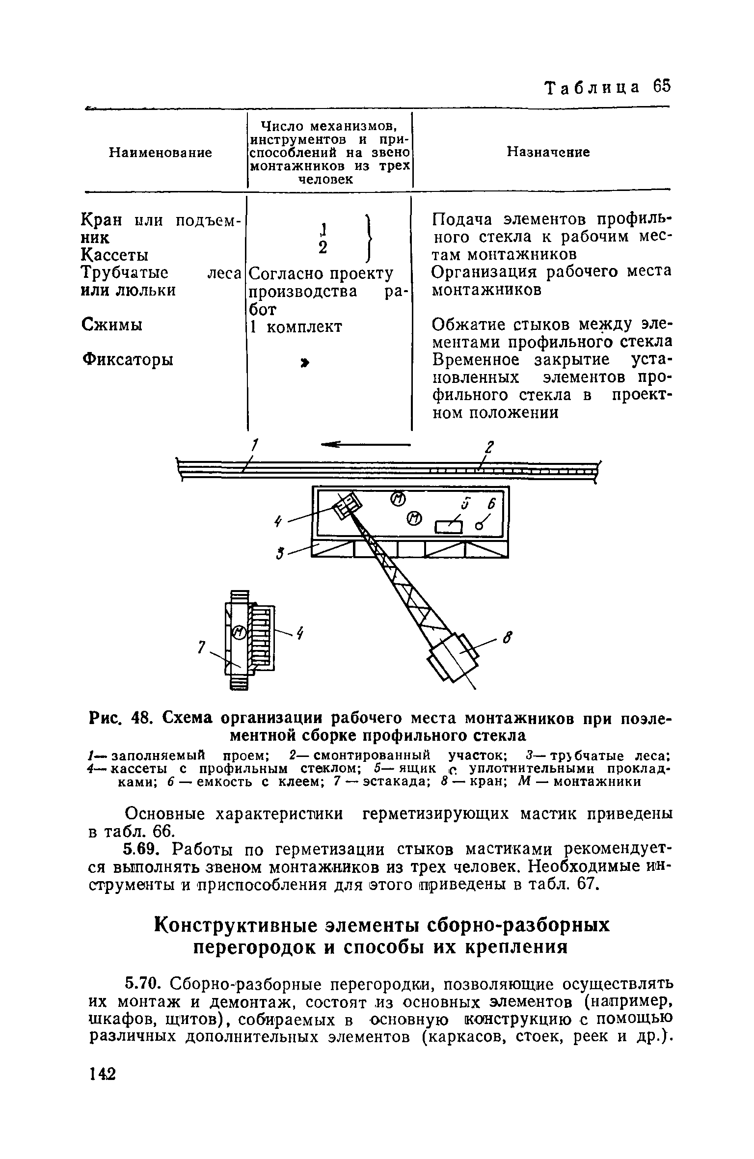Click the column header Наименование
point(160,153)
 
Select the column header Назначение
point(548,152)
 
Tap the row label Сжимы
point(111,325)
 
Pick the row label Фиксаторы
point(127,360)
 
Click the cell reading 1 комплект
point(296,327)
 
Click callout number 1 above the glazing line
point(255,446)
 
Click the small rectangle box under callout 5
point(449,527)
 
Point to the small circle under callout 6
point(479,526)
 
